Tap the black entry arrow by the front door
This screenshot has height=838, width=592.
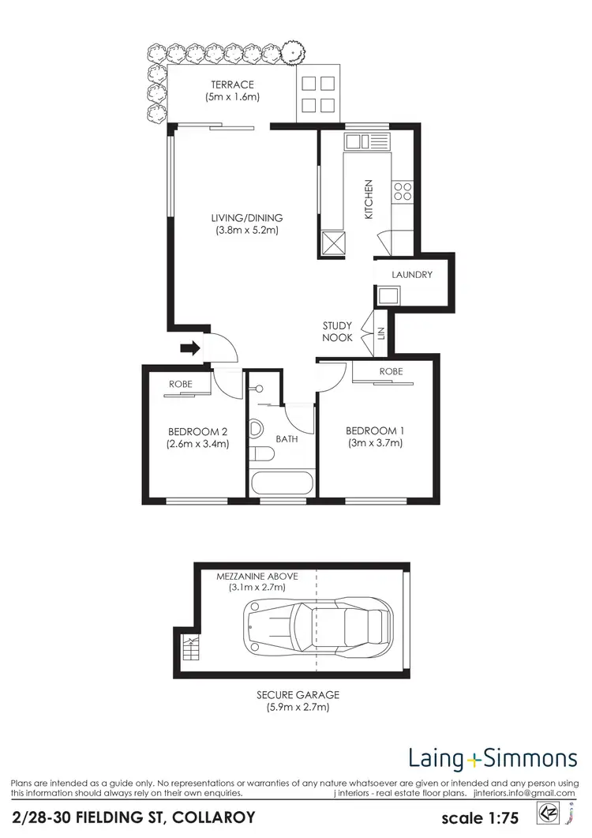(189, 347)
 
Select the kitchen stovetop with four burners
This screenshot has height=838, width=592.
(403, 190)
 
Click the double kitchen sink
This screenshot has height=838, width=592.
(368, 141)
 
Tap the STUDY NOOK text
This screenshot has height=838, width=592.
(337, 332)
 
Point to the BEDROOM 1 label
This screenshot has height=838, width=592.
(375, 430)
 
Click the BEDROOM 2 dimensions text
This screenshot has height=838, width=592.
(197, 444)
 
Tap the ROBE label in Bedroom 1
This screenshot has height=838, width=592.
(391, 371)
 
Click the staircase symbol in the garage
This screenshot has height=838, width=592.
(189, 650)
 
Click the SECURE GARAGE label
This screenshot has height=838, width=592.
(298, 695)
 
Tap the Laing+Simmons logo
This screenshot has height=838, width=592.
(493, 760)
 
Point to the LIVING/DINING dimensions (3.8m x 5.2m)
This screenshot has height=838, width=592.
(246, 231)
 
